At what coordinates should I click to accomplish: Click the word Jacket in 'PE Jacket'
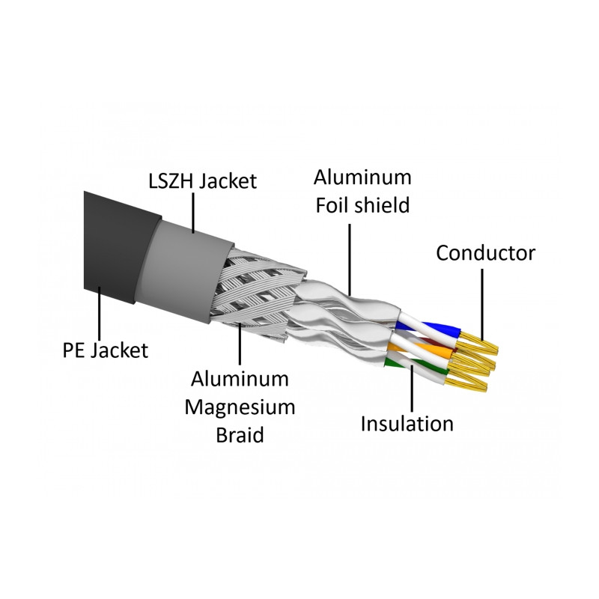click(120, 350)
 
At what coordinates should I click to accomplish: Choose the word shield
click(382, 205)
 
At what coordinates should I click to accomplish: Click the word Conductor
click(485, 253)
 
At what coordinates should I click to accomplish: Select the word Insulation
click(407, 424)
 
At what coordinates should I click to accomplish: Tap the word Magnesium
click(240, 407)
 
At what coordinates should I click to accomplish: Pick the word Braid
click(240, 435)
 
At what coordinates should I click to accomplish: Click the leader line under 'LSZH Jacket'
click(193, 213)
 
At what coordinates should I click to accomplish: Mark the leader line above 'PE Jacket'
click(100, 313)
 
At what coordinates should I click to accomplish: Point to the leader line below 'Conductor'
click(482, 304)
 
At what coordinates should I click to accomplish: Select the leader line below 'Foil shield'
click(350, 259)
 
